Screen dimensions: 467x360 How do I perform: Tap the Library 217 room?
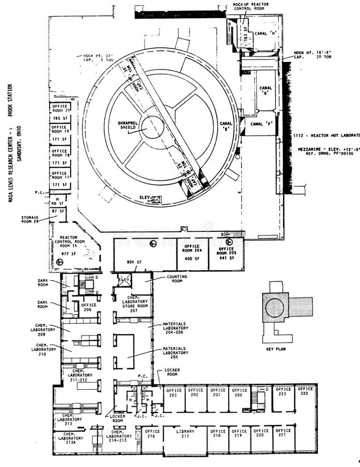tap(185, 434)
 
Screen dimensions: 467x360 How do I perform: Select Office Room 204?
tap(192, 253)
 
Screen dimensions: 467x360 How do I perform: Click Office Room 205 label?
tap(227, 253)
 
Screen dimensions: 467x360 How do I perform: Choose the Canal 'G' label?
tap(266, 91)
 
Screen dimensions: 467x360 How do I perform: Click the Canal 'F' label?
tap(261, 124)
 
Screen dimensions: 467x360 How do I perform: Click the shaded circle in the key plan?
tap(274, 308)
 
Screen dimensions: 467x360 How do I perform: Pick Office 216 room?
tap(153, 434)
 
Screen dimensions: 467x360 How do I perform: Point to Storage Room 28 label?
tap(30, 219)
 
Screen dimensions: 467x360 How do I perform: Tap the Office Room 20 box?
tap(60, 108)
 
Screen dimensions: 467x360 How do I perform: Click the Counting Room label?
tap(176, 279)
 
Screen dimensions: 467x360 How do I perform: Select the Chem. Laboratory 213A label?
tap(74, 439)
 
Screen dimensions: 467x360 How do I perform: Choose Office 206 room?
tap(88, 307)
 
